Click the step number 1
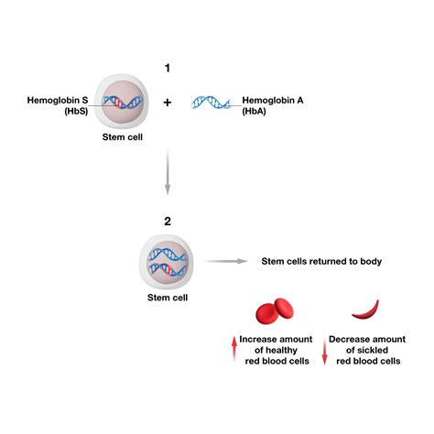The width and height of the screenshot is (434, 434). tap(167, 68)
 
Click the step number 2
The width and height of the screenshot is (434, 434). tap(166, 221)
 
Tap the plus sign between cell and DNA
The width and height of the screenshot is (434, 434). tap(168, 103)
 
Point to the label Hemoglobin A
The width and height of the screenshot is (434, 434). tap(273, 100)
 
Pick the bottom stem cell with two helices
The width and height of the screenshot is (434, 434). tap(166, 261)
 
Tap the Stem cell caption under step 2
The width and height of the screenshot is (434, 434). tap(166, 298)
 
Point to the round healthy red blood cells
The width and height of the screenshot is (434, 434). tap(270, 312)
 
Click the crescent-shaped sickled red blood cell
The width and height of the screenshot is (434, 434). tap(370, 309)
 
